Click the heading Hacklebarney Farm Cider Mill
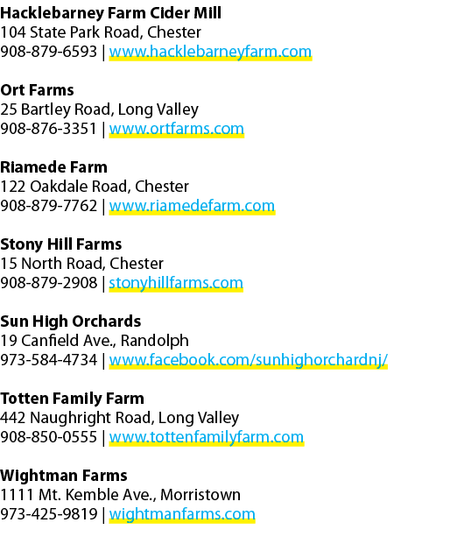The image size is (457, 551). coord(110,14)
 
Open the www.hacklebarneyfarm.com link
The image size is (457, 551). coord(210,52)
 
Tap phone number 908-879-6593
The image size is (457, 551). coord(48,52)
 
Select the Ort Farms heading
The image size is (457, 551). coord(37,90)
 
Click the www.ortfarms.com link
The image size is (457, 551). coord(176,129)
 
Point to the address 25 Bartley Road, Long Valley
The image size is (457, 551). coord(99,109)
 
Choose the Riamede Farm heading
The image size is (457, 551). coord(53,167)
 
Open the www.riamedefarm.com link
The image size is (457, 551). coord(192,206)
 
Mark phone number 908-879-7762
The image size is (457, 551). coord(48,206)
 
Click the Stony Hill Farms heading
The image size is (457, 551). coord(60,244)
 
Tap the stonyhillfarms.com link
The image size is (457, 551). coord(176,283)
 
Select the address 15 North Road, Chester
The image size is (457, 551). coord(81,264)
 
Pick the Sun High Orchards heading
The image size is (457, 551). coord(71,321)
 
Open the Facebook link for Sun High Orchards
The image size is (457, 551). coord(249,360)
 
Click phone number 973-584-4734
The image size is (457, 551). coord(48,360)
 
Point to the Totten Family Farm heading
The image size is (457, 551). coord(72,399)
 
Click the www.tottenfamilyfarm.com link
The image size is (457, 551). coord(207,437)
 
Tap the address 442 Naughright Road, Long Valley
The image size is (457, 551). coord(119,418)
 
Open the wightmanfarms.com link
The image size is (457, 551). coord(182,514)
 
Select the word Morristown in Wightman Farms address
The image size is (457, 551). coord(200,495)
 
